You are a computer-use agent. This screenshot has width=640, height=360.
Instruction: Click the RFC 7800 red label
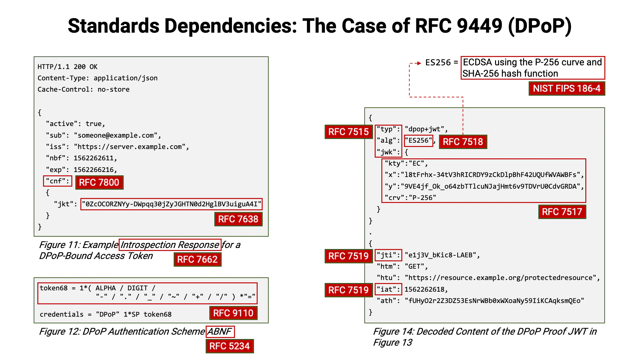(99, 183)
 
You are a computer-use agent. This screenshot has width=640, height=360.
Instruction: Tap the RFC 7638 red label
(238, 219)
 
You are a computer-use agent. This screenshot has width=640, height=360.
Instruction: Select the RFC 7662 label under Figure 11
(197, 260)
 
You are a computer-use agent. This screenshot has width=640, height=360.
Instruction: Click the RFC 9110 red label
(233, 313)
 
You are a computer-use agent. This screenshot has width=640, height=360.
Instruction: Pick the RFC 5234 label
(229, 346)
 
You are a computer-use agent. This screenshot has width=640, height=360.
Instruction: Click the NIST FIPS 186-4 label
(566, 89)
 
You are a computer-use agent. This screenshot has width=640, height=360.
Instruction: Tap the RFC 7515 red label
(348, 132)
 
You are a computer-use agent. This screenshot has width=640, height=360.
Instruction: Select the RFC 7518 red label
(463, 142)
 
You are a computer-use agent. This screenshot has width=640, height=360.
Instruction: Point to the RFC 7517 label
(562, 212)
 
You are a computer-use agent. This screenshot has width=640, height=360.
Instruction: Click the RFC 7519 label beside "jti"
(348, 256)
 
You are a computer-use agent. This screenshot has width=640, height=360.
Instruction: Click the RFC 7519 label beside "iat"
(348, 290)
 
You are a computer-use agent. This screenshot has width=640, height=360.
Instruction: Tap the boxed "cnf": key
(57, 181)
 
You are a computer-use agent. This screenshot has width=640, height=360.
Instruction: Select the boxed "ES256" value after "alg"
(418, 141)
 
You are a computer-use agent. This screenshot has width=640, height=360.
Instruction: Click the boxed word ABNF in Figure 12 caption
(220, 332)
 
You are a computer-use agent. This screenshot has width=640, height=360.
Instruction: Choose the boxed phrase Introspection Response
(170, 245)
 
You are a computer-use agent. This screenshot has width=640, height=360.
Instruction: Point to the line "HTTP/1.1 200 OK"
(67, 67)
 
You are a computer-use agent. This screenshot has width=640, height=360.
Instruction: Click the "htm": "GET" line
(402, 267)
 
